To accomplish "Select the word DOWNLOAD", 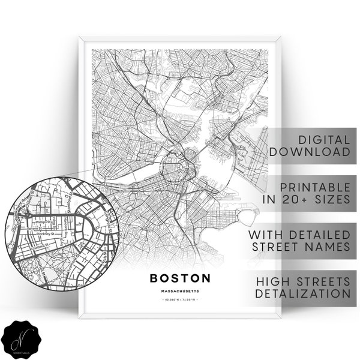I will pos(311,152).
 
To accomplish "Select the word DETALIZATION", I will pos(302,293).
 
